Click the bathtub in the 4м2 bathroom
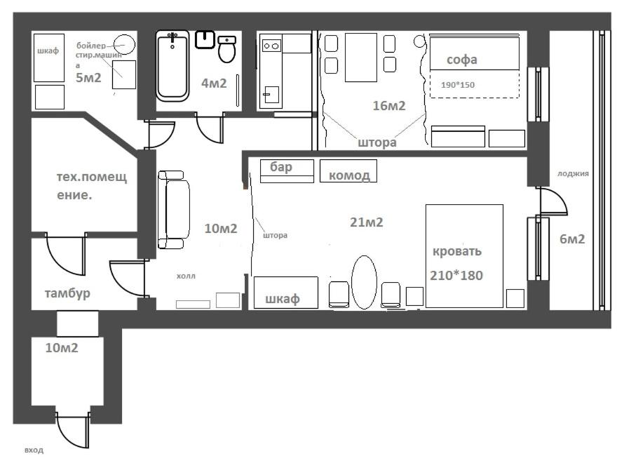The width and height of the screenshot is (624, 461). pyautogui.click(x=172, y=66)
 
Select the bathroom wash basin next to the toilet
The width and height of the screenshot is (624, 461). pyautogui.click(x=205, y=40)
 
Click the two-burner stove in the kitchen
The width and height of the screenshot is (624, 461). pyautogui.click(x=271, y=46)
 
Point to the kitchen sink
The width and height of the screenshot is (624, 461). pyautogui.click(x=271, y=95)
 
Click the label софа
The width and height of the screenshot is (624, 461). pyautogui.click(x=461, y=60)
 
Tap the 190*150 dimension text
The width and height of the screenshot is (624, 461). pyautogui.click(x=458, y=85)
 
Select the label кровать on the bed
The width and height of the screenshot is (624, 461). pyautogui.click(x=457, y=251)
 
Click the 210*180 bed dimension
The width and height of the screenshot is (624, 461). pyautogui.click(x=456, y=275)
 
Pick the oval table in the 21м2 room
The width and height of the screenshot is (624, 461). pyautogui.click(x=364, y=282)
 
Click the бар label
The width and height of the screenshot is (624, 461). pyautogui.click(x=281, y=167)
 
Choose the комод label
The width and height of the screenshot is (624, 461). pyautogui.click(x=349, y=175)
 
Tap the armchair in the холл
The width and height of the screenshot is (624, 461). pyautogui.click(x=174, y=210)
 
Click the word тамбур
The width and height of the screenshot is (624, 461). pyautogui.click(x=67, y=293)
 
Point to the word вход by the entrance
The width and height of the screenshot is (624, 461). pyautogui.click(x=34, y=450)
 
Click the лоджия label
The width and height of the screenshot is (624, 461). pyautogui.click(x=573, y=173)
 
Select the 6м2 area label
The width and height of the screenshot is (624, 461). pyautogui.click(x=572, y=239)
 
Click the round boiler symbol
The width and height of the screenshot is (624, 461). pyautogui.click(x=124, y=45)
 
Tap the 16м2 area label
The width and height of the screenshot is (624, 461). pyautogui.click(x=389, y=105)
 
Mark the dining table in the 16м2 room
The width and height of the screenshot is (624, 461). pyautogui.click(x=360, y=58)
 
